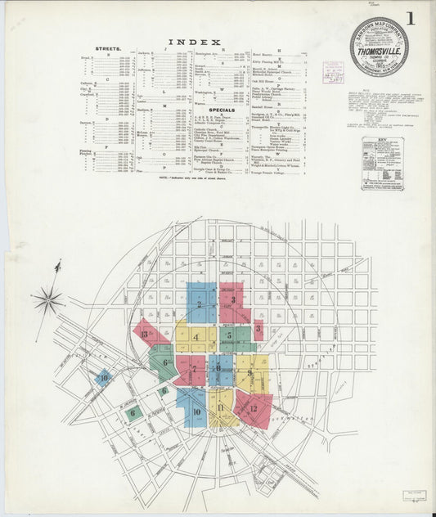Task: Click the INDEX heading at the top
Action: pos(194,42)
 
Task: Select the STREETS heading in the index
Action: pos(108,49)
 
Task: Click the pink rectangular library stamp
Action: pos(333,73)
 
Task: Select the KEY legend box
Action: pos(382,164)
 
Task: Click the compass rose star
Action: pos(47,300)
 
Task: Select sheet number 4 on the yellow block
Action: pos(196,336)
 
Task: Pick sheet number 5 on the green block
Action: pos(230,335)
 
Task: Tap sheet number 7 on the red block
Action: pos(194,369)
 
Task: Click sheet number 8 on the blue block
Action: pos(218,369)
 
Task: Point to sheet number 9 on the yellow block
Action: pos(250,373)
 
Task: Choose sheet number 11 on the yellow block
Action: pos(221,407)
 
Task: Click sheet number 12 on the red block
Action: pos(254,407)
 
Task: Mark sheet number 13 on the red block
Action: pos(145,334)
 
